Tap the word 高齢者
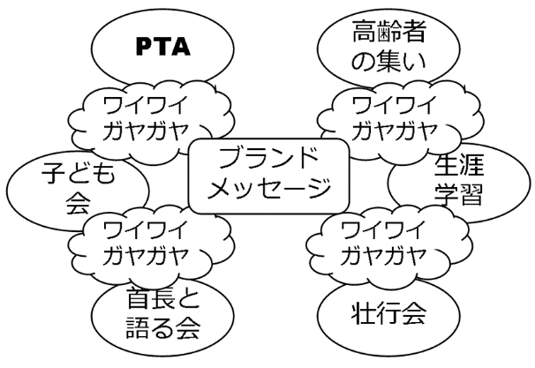[388, 34]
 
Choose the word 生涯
[459, 164]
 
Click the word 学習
[459, 194]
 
